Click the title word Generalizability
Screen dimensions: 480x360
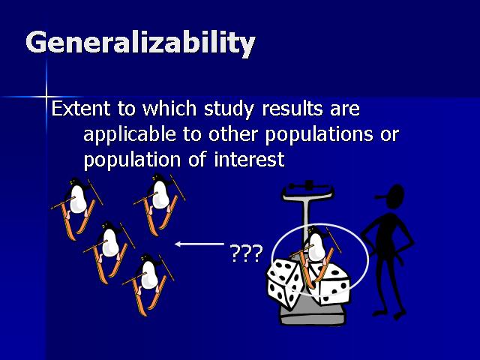140,43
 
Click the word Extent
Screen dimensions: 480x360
81,108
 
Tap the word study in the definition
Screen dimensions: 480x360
229,109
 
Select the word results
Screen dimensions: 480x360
292,108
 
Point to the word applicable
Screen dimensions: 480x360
130,135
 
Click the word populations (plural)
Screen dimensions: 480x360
319,135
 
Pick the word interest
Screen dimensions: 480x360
249,160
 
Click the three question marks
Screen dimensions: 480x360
246,253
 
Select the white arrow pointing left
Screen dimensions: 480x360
199,244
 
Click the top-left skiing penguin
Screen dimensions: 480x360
76,208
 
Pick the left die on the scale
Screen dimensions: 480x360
286,283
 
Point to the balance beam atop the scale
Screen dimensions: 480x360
308,186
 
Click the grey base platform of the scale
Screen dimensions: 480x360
312,312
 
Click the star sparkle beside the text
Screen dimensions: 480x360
46,97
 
